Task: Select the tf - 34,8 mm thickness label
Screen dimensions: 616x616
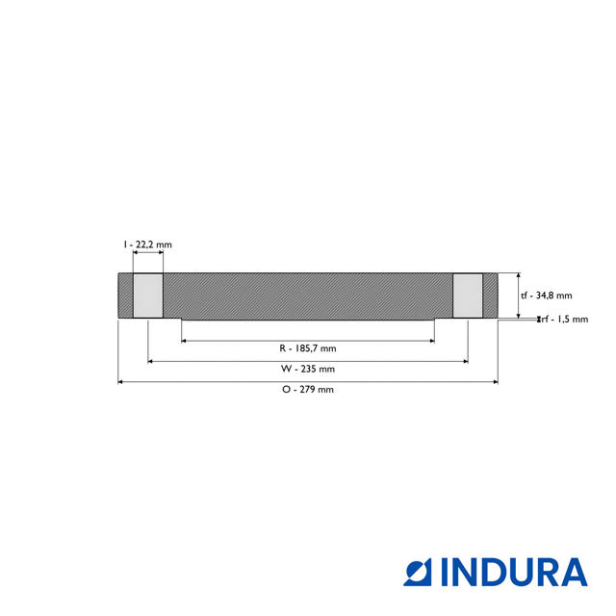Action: coord(546,295)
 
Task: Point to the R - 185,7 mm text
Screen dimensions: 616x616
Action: coord(308,347)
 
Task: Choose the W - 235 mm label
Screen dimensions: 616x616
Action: coord(308,369)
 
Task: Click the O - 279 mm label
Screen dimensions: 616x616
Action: coord(308,390)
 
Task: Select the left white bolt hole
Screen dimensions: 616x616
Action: coord(147,295)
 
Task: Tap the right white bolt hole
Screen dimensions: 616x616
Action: coord(468,295)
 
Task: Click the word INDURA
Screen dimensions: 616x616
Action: coord(513,571)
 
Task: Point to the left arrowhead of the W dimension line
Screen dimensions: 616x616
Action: coord(151,361)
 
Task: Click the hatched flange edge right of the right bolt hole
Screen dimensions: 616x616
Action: coord(490,295)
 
